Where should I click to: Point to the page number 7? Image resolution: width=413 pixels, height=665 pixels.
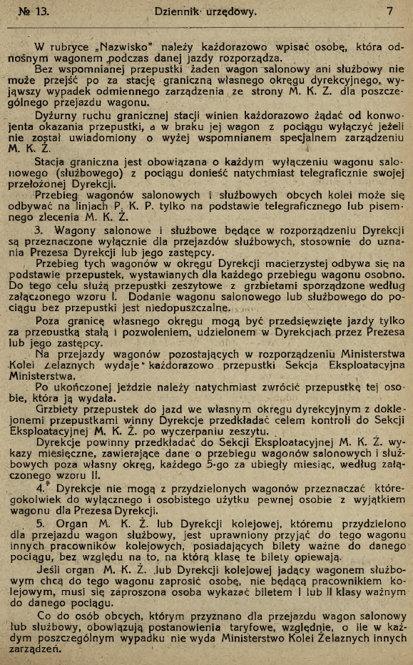(x=389, y=11)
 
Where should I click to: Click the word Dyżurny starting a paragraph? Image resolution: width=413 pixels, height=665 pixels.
(x=56, y=122)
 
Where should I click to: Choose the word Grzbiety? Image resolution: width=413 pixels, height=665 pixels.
(x=56, y=410)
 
